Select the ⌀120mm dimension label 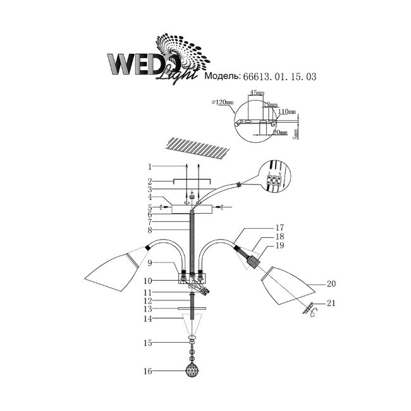click(x=224, y=102)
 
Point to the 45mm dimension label click(x=256, y=93)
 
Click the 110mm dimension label click(x=288, y=111)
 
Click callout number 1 click(x=150, y=168)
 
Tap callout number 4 click(x=150, y=198)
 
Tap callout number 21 click(x=331, y=304)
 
